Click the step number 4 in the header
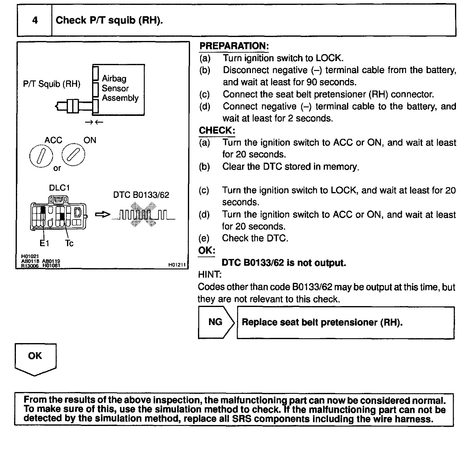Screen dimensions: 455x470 click(x=35, y=20)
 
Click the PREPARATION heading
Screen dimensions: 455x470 click(x=234, y=46)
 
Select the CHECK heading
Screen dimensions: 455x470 click(x=217, y=131)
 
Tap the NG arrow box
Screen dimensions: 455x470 click(x=216, y=322)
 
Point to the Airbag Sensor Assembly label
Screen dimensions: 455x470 click(x=120, y=88)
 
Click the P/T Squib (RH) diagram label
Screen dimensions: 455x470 click(x=52, y=84)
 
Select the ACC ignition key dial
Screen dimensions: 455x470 click(x=41, y=156)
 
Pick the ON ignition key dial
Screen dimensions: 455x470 click(x=73, y=154)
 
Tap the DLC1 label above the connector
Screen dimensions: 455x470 click(x=59, y=188)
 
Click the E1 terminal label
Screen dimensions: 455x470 click(x=44, y=243)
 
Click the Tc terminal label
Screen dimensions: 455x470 click(x=69, y=243)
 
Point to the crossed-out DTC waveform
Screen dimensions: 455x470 click(x=143, y=215)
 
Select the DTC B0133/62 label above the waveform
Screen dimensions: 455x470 click(x=141, y=195)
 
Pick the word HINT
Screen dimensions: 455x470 click(x=210, y=275)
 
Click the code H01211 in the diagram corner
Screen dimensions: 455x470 click(x=177, y=265)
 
